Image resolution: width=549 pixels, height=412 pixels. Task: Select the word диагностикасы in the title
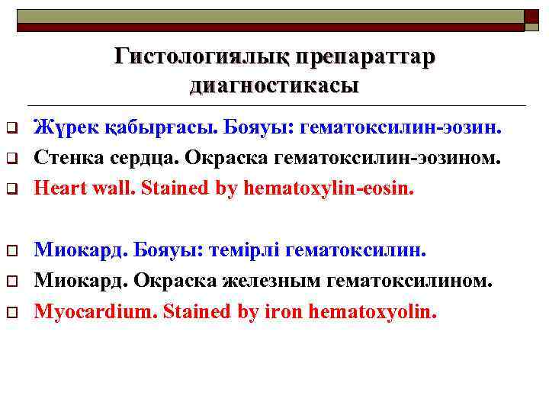[x=274, y=84]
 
